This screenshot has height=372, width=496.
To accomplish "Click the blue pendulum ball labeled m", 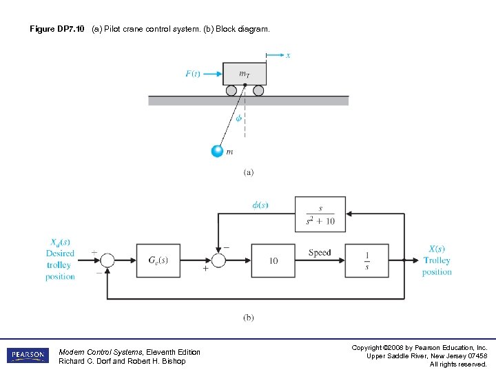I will (x=218, y=151).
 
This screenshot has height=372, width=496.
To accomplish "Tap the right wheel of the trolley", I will (x=258, y=90).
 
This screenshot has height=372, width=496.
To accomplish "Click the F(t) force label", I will (x=194, y=74).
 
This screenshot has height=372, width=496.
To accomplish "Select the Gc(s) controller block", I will (x=158, y=260).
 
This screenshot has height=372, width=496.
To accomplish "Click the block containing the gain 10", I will (x=273, y=260).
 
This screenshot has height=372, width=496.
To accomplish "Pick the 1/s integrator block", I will (x=367, y=260).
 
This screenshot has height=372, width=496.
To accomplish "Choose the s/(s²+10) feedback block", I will (x=320, y=214).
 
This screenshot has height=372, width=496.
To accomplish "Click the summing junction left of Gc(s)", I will (x=107, y=260).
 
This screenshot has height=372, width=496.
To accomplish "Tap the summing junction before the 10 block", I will (x=219, y=260).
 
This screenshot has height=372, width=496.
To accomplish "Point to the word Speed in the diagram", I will (x=320, y=253).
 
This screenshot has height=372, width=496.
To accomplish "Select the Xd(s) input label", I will (x=61, y=242).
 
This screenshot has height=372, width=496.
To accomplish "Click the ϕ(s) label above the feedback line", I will (x=259, y=205).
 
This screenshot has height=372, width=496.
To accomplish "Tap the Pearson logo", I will (x=28, y=355).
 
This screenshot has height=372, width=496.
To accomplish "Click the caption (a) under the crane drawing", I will (x=248, y=172).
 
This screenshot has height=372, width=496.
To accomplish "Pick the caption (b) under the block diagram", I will (x=248, y=318).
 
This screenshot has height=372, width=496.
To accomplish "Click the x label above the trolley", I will (x=288, y=55).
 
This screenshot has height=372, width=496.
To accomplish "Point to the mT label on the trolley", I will (x=245, y=73).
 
